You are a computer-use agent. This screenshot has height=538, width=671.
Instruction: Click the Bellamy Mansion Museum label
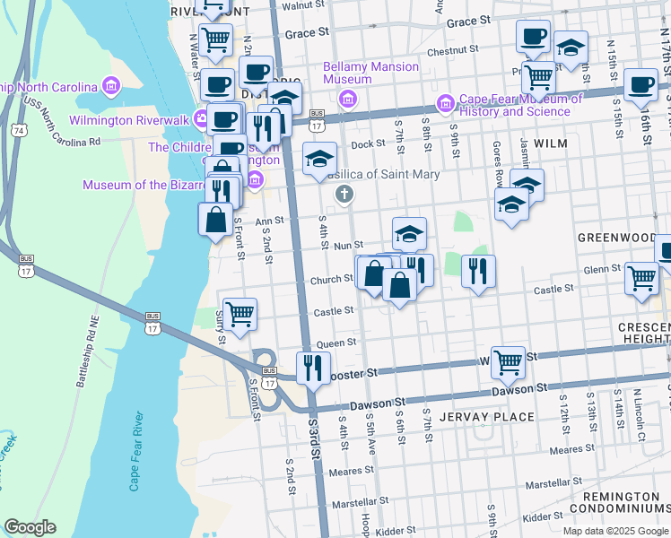pyautogui.click(x=370, y=74)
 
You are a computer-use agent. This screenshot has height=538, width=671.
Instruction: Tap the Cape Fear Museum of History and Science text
pyautogui.click(x=515, y=106)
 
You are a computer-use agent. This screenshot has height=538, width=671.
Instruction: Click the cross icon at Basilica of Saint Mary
pyautogui.click(x=343, y=194)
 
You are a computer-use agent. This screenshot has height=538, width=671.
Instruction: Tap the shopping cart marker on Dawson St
pyautogui.click(x=508, y=362)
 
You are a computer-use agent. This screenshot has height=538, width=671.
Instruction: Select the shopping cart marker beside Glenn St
pyautogui.click(x=641, y=277)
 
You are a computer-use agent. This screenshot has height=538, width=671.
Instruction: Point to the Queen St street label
pyautogui.click(x=336, y=343)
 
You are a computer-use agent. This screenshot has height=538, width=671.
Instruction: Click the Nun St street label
pyautogui.click(x=347, y=245)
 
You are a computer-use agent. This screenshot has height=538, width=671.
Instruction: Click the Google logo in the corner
pyautogui.click(x=30, y=527)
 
